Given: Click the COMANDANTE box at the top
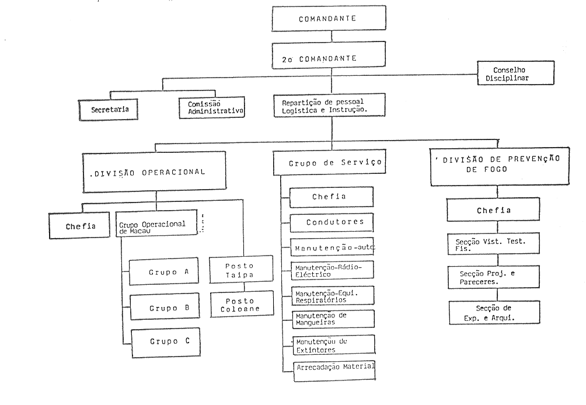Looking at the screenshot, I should tap(331, 19).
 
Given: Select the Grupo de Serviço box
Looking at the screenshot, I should tap(329, 164).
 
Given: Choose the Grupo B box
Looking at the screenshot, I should tap(163, 308).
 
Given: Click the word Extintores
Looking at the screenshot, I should tap(315, 350).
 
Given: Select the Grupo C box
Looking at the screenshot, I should tap(163, 341).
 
